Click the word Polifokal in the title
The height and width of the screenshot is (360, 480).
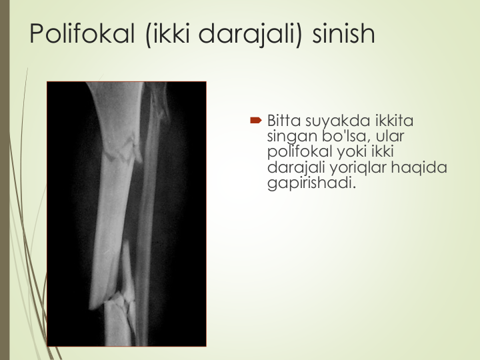[x=83, y=33]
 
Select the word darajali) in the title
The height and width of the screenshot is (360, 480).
[x=251, y=35]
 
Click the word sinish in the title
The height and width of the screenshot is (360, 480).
[x=343, y=33]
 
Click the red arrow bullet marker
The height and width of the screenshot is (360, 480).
[x=256, y=120]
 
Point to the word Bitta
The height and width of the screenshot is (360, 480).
[x=284, y=121]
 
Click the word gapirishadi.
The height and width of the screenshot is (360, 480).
[x=311, y=184]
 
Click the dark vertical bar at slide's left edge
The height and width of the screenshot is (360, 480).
[x=5, y=180]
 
